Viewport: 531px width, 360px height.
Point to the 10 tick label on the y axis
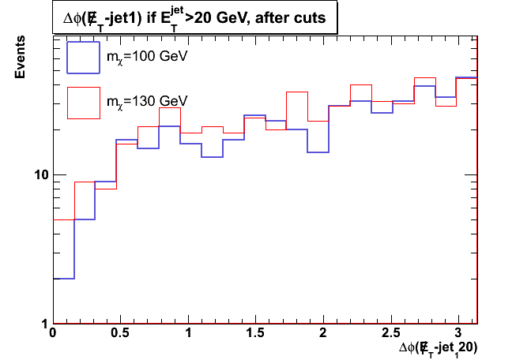(x=40, y=174)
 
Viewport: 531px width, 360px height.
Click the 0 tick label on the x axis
(x=53, y=334)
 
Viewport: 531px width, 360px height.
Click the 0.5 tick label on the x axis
(x=120, y=334)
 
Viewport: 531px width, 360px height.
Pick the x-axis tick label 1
(x=188, y=334)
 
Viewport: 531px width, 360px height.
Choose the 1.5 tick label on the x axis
(x=255, y=334)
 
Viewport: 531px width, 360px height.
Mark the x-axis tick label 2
(x=323, y=334)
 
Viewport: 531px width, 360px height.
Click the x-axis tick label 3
(x=458, y=334)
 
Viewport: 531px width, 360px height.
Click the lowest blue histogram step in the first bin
(x=63, y=278)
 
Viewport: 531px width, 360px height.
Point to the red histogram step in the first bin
(x=63, y=219)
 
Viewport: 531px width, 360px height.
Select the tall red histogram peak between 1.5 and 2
(x=296, y=92)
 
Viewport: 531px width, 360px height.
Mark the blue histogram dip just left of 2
(x=318, y=152)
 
